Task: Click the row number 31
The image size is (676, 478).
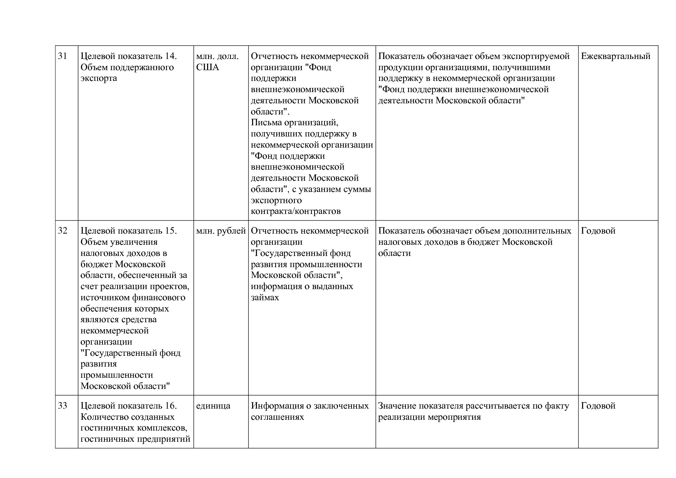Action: tap(62, 56)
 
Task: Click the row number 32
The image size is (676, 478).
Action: tap(62, 231)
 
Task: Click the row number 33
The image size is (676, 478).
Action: tap(62, 406)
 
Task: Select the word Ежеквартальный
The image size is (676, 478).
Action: tap(615, 56)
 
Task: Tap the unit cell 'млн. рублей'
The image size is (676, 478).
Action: tap(221, 231)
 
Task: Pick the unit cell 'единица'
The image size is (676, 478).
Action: tap(213, 406)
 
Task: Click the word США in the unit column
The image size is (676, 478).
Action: tap(207, 67)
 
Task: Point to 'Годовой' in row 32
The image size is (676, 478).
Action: tap(598, 231)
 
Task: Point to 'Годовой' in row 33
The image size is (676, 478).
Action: tap(598, 406)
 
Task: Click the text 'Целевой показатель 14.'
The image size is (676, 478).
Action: tap(128, 56)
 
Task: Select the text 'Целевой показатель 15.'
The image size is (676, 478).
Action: tap(128, 231)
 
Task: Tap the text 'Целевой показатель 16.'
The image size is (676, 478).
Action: tap(128, 406)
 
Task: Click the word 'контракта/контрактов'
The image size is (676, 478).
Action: tap(296, 211)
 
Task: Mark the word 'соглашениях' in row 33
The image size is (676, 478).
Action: tap(277, 417)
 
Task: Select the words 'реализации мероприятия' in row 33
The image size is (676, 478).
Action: tap(429, 417)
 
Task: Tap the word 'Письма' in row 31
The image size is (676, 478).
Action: tap(266, 123)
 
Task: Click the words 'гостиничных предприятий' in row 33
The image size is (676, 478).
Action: tap(135, 439)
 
